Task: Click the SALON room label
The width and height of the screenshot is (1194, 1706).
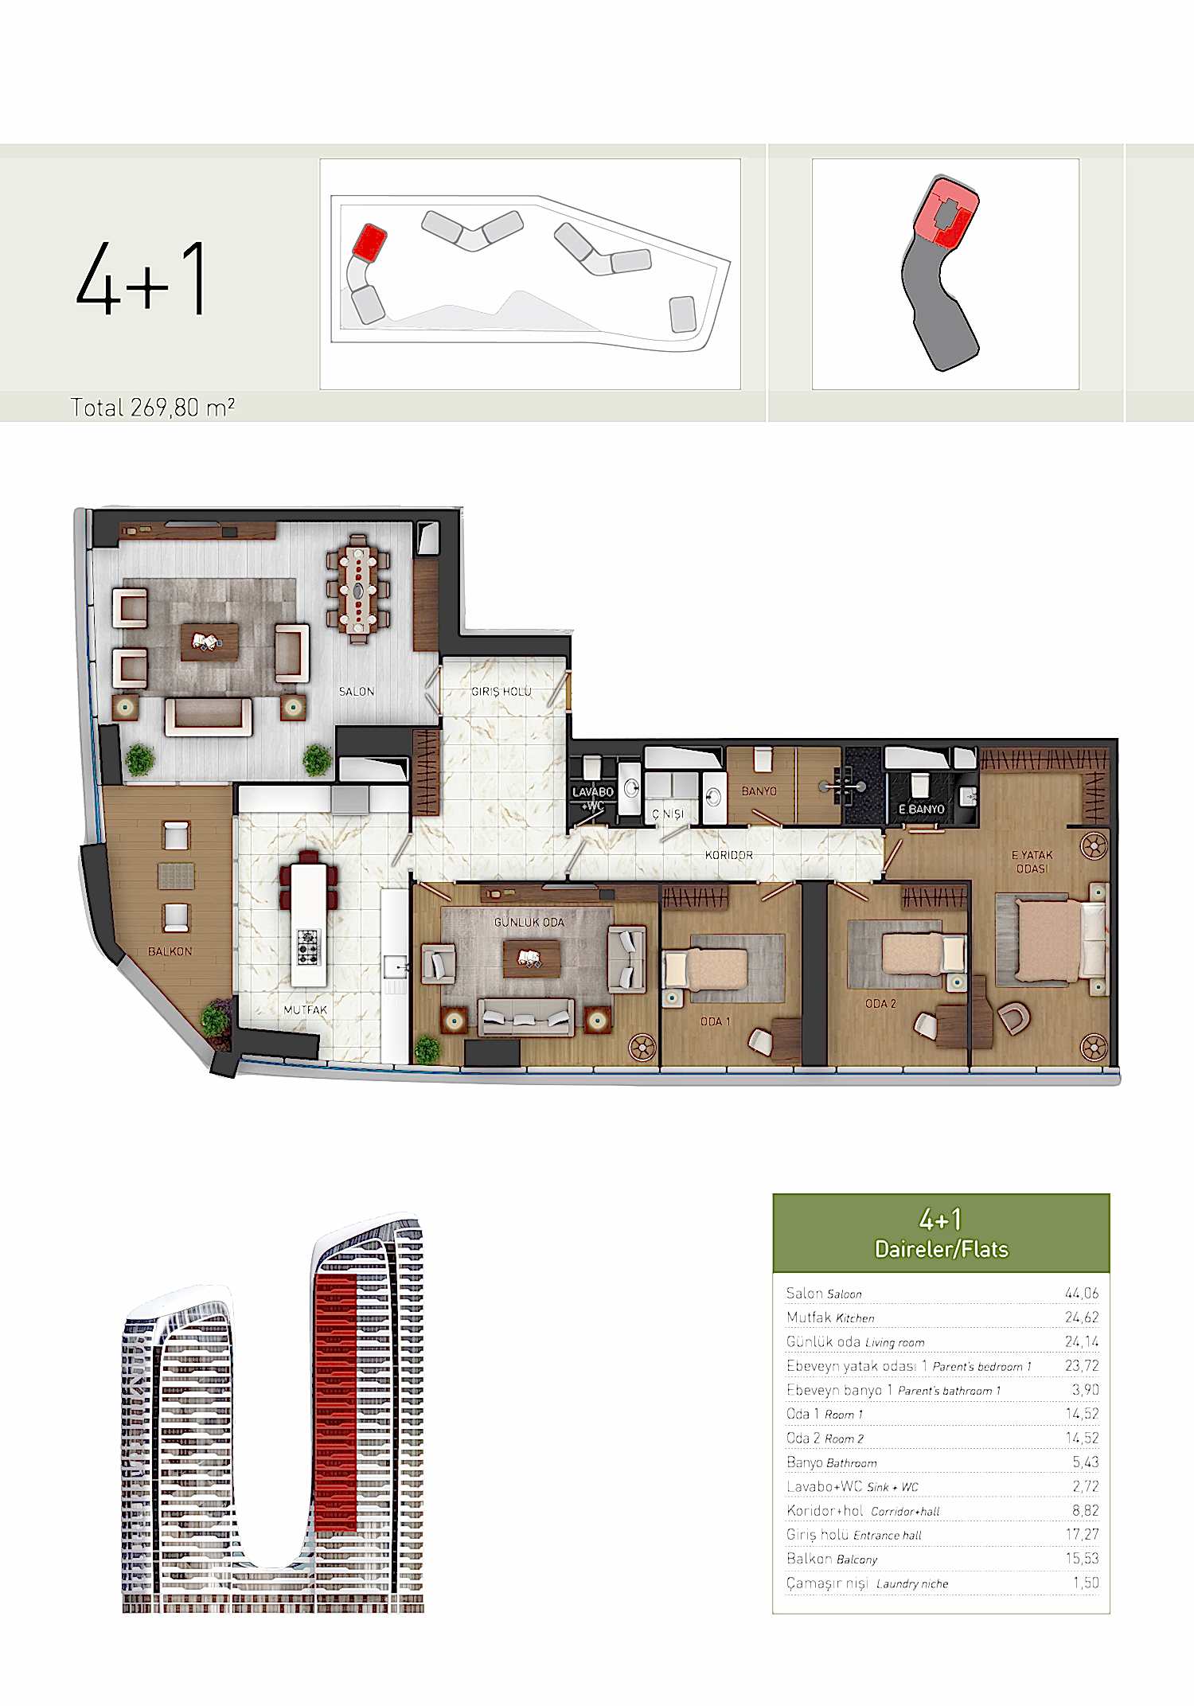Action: pyautogui.click(x=357, y=691)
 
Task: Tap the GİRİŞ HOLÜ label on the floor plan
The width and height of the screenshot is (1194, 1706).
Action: pyautogui.click(x=501, y=691)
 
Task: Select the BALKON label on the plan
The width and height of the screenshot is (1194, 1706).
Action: pyautogui.click(x=170, y=951)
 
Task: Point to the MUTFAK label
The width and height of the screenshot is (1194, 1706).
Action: pyautogui.click(x=306, y=1009)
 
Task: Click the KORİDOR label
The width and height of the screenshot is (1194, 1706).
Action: pyautogui.click(x=729, y=855)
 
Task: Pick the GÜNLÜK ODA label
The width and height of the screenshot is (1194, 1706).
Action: pyautogui.click(x=529, y=922)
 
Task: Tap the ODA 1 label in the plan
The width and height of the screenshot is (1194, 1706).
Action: pyautogui.click(x=715, y=1021)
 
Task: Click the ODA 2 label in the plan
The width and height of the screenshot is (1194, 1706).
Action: pyautogui.click(x=881, y=1004)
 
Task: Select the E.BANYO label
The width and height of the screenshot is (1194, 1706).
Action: pyautogui.click(x=922, y=809)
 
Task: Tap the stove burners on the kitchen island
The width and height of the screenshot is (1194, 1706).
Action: pyautogui.click(x=308, y=947)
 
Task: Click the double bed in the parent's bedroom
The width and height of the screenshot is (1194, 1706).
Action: pyautogui.click(x=1052, y=941)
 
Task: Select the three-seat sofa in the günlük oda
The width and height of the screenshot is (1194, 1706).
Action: pyautogui.click(x=525, y=1017)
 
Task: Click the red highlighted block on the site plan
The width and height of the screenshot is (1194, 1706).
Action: pyautogui.click(x=369, y=241)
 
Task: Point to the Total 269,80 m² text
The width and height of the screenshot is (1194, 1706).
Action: pyautogui.click(x=153, y=408)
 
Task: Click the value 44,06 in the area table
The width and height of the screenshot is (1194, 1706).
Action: pyautogui.click(x=1082, y=1294)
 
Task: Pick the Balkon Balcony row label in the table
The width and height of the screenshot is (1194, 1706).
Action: pyautogui.click(x=832, y=1559)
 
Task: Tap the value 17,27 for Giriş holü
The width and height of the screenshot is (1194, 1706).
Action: pyautogui.click(x=1082, y=1534)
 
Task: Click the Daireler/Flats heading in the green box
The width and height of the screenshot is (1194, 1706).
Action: pyautogui.click(x=942, y=1249)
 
